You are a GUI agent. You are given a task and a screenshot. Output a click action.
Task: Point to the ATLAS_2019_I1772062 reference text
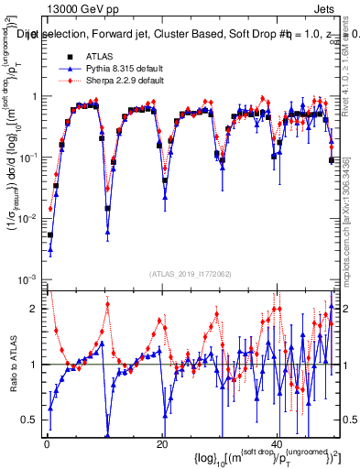click(x=192, y=273)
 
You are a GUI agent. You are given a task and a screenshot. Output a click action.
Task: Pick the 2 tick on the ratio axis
click(x=38, y=309)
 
